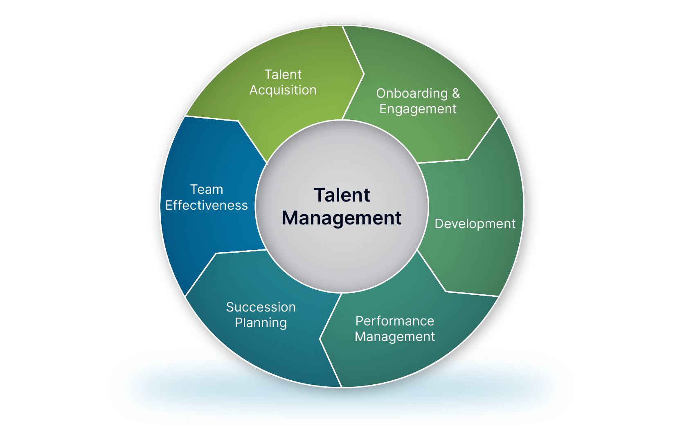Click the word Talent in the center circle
coord(342,195)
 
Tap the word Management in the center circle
coord(342,218)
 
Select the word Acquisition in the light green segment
coord(283,90)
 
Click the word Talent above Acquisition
coord(283,74)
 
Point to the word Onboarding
coord(412,93)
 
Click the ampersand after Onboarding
coord(456,93)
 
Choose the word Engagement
coord(418,109)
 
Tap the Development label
coord(475,224)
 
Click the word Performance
coord(395,321)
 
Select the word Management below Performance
coord(395,336)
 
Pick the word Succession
coord(261,307)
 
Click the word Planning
coord(261,323)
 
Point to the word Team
coord(207,189)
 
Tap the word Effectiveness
coord(207,205)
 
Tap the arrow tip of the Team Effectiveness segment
coord(238,121)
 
